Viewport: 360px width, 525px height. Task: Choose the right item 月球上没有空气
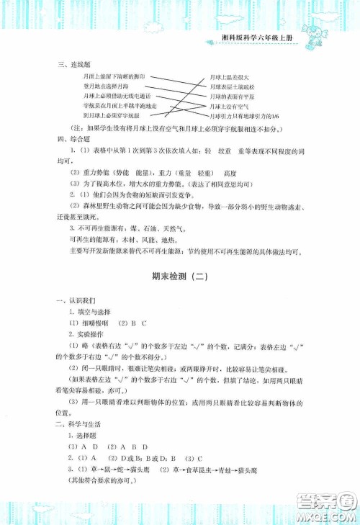pyautogui.click(x=229, y=105)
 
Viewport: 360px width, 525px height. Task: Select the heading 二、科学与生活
pyautogui.click(x=76, y=446)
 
